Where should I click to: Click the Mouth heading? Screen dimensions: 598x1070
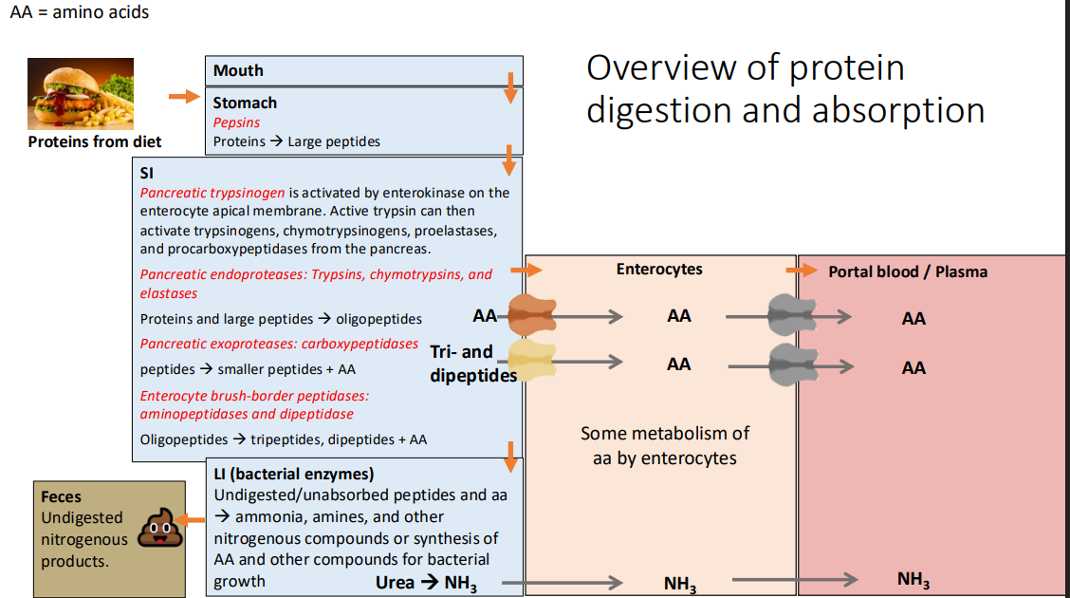point(238,70)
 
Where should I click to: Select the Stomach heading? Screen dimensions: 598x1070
point(245,103)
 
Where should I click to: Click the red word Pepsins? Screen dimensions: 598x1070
point(236,122)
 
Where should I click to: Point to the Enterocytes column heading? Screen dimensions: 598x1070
point(659,269)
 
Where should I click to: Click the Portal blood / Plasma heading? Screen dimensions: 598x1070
point(908,271)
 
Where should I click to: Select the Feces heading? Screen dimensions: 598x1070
point(62,496)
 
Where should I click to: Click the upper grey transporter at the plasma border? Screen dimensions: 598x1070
point(792,315)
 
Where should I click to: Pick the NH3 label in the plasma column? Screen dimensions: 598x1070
point(913,579)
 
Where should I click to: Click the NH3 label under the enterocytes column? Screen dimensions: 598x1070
point(679,584)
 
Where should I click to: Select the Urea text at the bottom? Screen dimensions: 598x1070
point(395,582)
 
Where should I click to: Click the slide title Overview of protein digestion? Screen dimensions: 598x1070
point(784,88)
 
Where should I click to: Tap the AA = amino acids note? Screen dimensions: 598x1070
point(80,12)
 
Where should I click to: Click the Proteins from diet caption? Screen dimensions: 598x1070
point(95,141)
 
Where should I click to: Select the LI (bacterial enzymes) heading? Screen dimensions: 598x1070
point(294,474)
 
